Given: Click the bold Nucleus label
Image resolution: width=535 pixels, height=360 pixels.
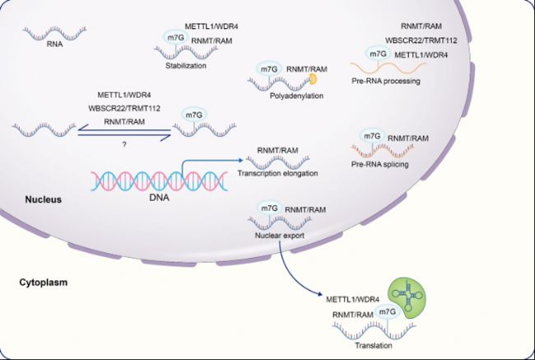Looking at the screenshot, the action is (44, 199).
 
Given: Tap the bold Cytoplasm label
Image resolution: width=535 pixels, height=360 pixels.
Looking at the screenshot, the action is (44, 283).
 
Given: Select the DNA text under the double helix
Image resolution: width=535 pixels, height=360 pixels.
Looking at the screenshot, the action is (160, 197).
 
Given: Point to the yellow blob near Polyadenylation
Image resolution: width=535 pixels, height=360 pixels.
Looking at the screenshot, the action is (314, 79).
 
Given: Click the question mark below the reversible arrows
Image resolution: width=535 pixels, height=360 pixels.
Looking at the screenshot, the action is (124, 144).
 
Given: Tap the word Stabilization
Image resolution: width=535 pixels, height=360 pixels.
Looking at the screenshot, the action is (186, 66).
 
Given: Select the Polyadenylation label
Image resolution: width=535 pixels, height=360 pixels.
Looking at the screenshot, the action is (296, 96).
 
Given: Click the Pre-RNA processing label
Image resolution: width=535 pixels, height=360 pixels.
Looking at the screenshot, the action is (386, 82).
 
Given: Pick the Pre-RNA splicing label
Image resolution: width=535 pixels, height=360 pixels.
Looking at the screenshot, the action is (380, 164).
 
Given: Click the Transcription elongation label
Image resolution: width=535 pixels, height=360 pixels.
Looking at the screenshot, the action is (277, 173).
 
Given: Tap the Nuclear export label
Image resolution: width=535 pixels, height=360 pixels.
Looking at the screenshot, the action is (280, 236).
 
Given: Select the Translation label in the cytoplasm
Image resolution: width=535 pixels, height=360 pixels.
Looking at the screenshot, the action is (374, 345).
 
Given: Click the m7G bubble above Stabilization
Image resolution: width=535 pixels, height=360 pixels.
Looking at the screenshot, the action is (176, 38).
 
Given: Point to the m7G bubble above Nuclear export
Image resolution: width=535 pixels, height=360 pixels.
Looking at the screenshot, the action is (269, 208).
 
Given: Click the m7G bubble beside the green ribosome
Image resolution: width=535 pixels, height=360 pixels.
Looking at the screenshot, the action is (388, 312).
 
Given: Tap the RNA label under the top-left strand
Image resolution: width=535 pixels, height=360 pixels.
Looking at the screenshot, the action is (55, 44).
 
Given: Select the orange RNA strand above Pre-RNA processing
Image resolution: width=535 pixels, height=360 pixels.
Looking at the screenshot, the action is (388, 68).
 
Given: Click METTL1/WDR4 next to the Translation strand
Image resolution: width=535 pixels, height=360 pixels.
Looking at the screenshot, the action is (353, 300).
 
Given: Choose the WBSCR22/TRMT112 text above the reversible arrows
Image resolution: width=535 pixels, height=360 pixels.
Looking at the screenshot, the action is (124, 108).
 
